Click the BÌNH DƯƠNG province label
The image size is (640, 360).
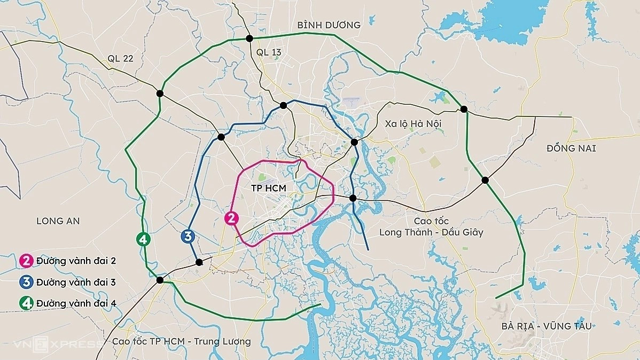(x=329, y=25)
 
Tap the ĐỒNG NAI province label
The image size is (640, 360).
(x=571, y=148)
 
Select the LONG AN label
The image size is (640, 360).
(x=58, y=221)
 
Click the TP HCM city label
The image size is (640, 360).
(x=269, y=189)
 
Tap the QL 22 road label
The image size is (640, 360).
(x=120, y=59)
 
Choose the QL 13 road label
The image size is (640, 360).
(x=268, y=52)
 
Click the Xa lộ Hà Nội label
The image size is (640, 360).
(x=413, y=123)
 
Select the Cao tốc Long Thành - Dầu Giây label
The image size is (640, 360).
(x=431, y=226)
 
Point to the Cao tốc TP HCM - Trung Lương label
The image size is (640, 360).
(x=182, y=341)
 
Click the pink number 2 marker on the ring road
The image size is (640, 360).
(x=231, y=218)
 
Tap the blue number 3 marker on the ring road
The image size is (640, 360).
(x=188, y=236)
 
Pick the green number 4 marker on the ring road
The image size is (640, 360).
(x=143, y=239)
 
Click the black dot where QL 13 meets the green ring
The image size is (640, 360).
(x=249, y=38)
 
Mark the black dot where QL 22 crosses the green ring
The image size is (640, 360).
(x=160, y=93)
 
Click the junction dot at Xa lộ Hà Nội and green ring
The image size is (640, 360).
(x=464, y=109)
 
